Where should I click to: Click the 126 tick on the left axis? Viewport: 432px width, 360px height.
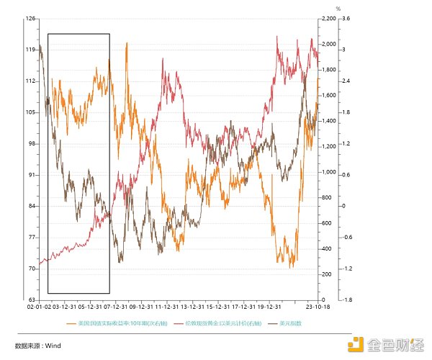[x=32, y=19]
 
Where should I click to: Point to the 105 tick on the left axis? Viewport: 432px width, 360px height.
[x=32, y=112]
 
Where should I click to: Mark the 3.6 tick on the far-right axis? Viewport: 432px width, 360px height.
[x=346, y=19]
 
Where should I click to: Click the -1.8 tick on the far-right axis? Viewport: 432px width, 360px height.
[x=346, y=300]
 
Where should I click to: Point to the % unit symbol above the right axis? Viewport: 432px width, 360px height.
[x=337, y=9]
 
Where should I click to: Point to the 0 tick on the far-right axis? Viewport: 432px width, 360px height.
[x=343, y=206]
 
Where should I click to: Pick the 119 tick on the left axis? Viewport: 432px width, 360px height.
[x=32, y=50]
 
